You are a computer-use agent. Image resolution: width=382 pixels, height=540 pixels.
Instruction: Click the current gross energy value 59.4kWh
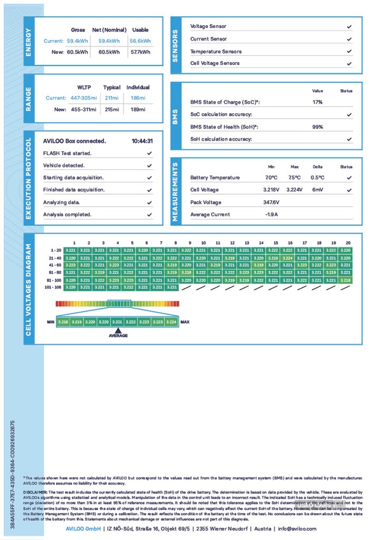(78, 41)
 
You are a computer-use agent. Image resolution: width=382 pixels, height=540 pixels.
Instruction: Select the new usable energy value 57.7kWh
(140, 52)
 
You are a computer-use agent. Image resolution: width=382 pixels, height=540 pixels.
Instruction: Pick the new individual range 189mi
(138, 109)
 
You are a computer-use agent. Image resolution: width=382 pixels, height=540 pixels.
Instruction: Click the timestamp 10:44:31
(142, 141)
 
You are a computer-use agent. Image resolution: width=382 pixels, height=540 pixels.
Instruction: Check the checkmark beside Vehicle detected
(149, 165)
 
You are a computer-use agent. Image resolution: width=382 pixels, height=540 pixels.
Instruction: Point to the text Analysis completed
(67, 214)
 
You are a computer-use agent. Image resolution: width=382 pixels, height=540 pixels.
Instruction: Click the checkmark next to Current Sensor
(350, 39)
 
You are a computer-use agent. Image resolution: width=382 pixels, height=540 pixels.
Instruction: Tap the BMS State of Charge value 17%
(317, 102)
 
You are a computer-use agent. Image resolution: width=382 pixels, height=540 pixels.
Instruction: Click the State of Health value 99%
(317, 127)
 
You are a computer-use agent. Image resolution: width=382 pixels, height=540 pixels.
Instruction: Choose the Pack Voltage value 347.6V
(272, 202)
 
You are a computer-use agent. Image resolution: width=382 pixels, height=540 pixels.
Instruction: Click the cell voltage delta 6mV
(317, 190)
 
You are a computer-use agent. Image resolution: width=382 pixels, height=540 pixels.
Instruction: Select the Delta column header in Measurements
(317, 166)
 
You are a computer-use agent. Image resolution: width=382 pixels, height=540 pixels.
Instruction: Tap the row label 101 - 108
(53, 287)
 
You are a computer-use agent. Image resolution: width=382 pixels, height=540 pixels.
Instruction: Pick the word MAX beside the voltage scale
(185, 322)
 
